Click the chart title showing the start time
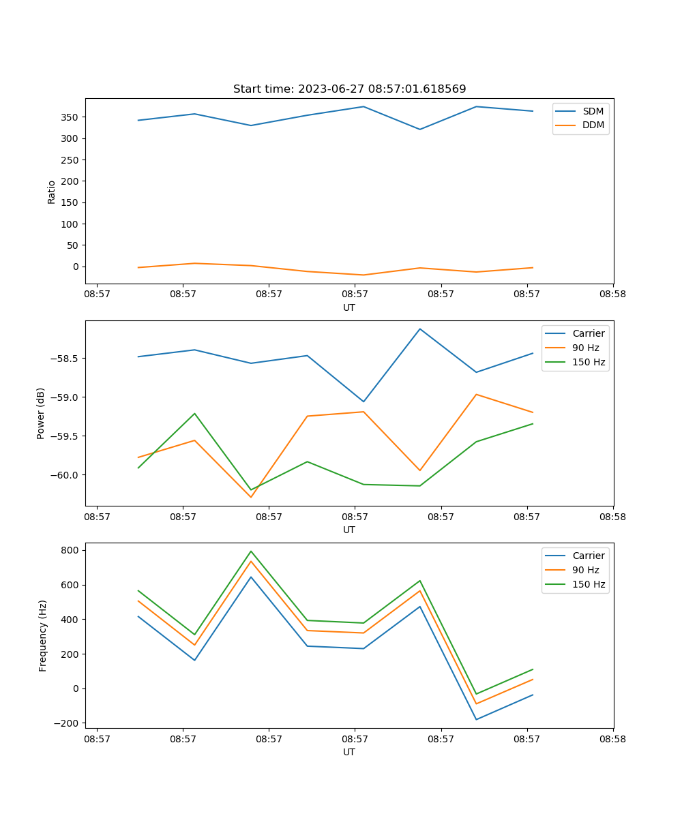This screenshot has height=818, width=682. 349,89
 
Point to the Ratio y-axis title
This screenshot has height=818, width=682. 52,192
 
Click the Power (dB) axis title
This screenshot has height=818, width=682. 41,413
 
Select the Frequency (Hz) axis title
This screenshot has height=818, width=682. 43,635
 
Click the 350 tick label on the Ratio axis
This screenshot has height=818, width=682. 70,117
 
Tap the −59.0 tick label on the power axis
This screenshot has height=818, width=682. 63,397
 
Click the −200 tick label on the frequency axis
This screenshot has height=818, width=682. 67,723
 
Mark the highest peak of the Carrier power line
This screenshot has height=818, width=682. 420,329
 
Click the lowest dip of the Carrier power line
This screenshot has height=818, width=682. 364,402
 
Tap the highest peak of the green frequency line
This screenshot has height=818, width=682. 251,551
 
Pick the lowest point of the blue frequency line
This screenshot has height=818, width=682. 476,719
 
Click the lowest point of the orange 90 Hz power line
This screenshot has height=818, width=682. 251,497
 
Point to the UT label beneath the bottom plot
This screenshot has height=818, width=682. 349,752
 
